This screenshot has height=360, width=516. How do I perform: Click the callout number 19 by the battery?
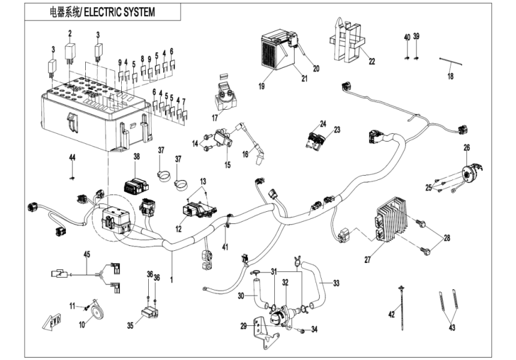coord(262,87)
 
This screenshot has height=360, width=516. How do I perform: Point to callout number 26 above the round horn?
coord(466,147)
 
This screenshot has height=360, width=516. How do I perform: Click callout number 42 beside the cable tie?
coord(391,313)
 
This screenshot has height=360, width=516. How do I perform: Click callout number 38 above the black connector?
coord(137,156)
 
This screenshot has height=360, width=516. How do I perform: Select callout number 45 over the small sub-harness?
coord(87,254)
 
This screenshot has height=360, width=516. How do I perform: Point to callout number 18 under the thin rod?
coord(451,76)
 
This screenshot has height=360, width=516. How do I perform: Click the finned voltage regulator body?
coord(393,220)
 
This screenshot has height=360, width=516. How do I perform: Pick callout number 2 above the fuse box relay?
coord(70,33)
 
